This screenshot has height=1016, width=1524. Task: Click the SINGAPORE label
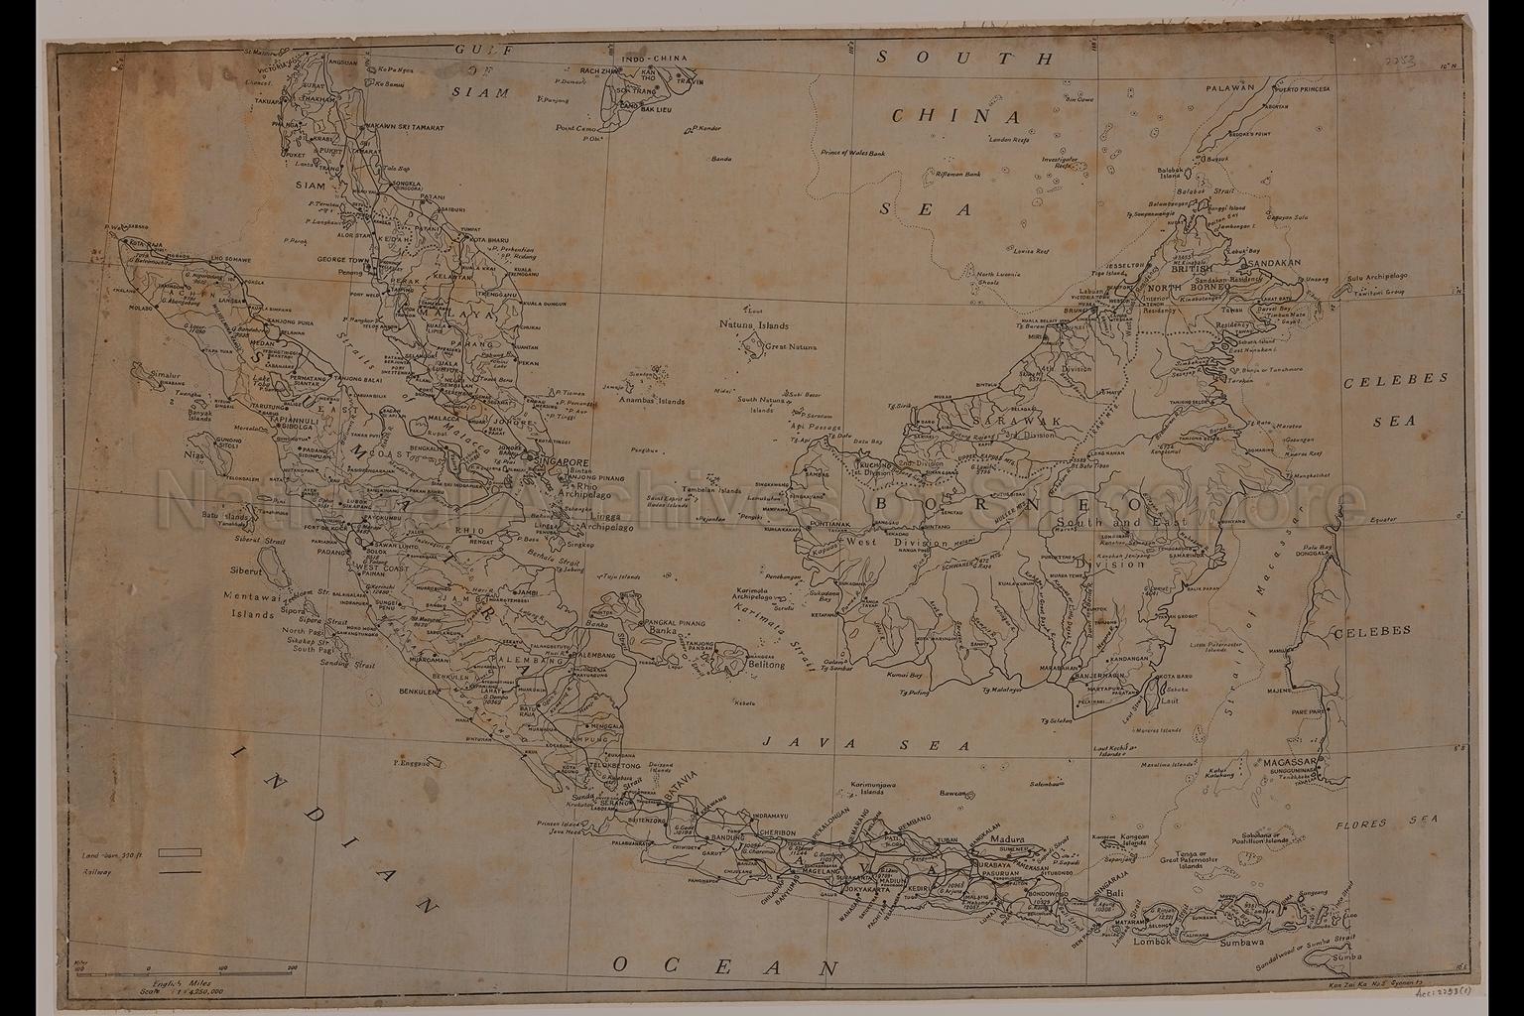(x=563, y=462)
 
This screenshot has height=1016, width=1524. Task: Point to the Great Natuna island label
(x=794, y=347)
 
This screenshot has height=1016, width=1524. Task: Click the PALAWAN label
(x=1231, y=87)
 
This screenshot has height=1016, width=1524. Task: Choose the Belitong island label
(x=761, y=666)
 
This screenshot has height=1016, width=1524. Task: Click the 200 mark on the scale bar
(x=294, y=967)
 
